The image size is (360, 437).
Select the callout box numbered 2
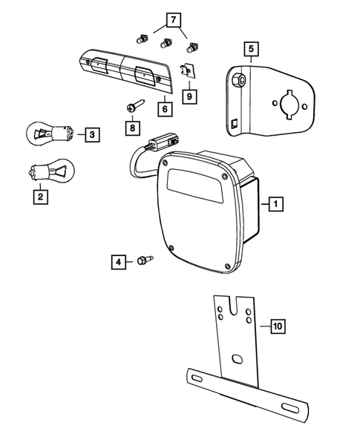[x=38, y=197]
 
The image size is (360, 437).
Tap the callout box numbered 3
[x=91, y=134]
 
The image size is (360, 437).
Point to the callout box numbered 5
[x=252, y=50]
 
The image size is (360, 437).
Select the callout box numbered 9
[x=189, y=96]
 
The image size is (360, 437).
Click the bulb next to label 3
[x=52, y=134]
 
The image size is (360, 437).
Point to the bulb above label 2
[x=50, y=172]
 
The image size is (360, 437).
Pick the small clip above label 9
[x=189, y=70]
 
